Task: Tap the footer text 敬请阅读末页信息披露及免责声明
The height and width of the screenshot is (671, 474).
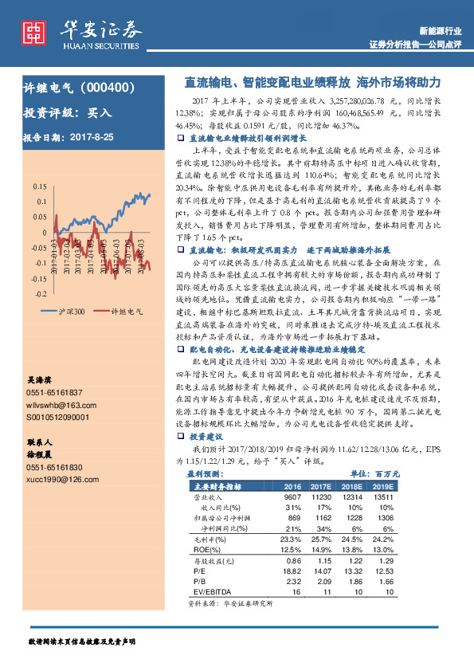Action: click(82, 641)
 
